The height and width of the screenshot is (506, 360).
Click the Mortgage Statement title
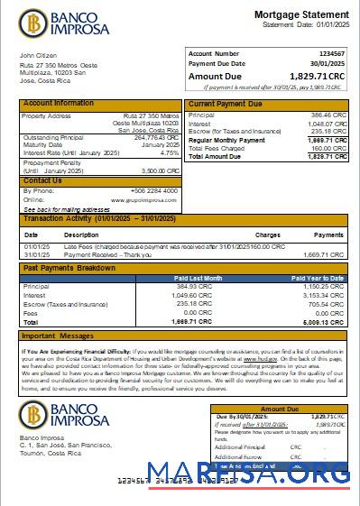[300, 15]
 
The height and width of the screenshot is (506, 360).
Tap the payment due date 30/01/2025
[328, 64]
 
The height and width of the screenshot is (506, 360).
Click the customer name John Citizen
[38, 55]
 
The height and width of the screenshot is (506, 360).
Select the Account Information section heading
[58, 104]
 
